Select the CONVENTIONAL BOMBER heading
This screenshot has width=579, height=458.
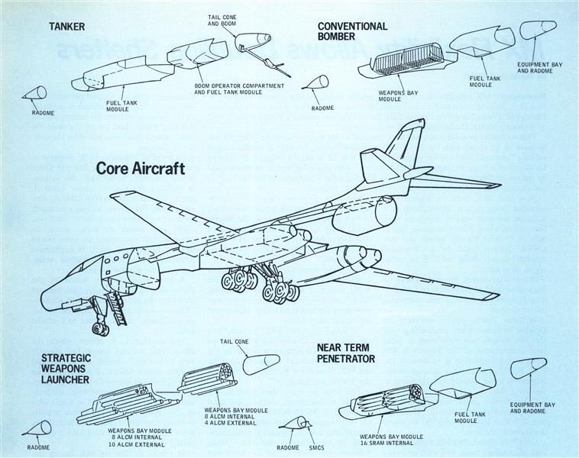click(x=352, y=31)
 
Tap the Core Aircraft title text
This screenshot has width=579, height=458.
click(x=141, y=169)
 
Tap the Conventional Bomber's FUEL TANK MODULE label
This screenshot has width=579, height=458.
click(x=480, y=81)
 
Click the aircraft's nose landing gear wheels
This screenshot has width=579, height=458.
click(x=99, y=327)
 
